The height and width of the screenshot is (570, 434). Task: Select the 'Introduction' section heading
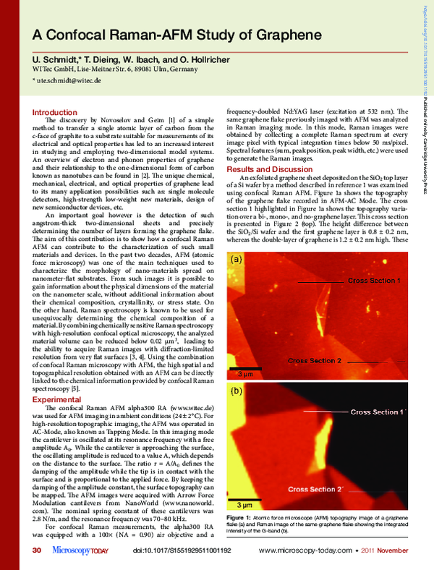[55, 112]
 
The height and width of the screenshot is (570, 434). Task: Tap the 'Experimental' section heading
[56, 399]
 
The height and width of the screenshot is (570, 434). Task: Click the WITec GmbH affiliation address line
[113, 69]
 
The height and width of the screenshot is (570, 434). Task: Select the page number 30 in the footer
[37, 551]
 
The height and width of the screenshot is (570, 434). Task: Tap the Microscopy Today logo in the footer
[80, 551]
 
